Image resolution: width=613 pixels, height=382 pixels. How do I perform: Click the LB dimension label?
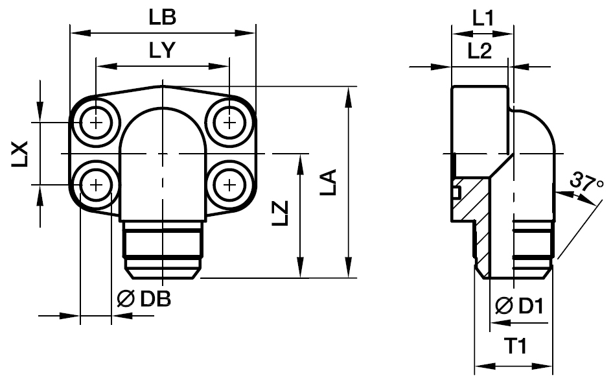tap(162, 18)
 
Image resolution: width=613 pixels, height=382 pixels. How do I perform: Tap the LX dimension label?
tap(21, 153)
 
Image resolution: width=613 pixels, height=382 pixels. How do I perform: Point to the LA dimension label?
tap(329, 184)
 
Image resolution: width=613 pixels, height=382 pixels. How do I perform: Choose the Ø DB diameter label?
tap(144, 299)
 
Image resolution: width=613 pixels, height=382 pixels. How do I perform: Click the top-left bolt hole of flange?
tap(97, 123)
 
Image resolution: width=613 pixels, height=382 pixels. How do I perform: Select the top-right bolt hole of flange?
tap(229, 123)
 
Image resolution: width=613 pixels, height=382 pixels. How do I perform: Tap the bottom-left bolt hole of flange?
tap(97, 185)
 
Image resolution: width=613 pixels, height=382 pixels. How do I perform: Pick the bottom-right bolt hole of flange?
tap(229, 185)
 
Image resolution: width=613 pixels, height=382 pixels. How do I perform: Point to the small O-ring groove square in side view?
tap(456, 193)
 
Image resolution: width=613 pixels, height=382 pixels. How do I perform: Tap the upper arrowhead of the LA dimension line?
tap(349, 95)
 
